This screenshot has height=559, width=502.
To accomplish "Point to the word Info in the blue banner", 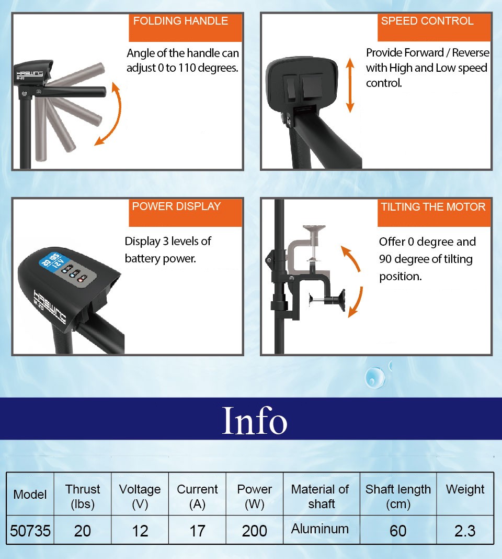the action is [254, 420].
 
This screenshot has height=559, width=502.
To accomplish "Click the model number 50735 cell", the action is [30, 531].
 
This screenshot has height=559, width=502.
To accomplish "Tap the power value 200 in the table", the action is [254, 531].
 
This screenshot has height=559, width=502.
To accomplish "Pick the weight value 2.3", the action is [465, 531].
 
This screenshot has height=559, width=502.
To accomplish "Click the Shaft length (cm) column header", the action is [398, 496].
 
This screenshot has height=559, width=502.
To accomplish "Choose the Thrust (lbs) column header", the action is [83, 496].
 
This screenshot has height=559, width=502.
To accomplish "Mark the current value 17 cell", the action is [197, 531].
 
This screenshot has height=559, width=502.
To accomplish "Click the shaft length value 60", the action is [398, 531].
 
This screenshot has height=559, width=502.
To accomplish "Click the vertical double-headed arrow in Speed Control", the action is [350, 85].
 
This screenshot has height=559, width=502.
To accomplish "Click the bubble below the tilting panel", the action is [375, 378].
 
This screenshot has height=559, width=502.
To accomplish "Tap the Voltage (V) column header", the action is [140, 496].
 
